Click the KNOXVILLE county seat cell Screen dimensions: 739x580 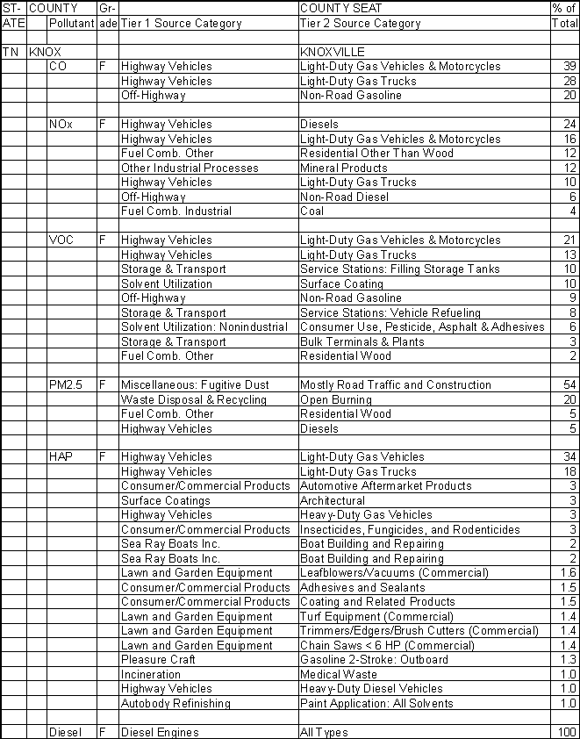(x=332, y=52)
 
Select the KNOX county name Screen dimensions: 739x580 (x=45, y=52)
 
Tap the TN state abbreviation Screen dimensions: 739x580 (x=11, y=52)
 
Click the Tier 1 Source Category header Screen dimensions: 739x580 (x=181, y=24)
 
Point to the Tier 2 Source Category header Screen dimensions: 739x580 (x=360, y=24)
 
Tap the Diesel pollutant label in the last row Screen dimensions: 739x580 (x=65, y=732)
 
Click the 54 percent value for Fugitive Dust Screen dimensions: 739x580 (x=570, y=385)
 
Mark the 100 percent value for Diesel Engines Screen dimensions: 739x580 (x=568, y=732)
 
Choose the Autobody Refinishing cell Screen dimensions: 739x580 (x=175, y=703)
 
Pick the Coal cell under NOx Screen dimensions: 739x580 (x=311, y=211)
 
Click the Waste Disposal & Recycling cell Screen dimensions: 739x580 (x=193, y=399)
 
